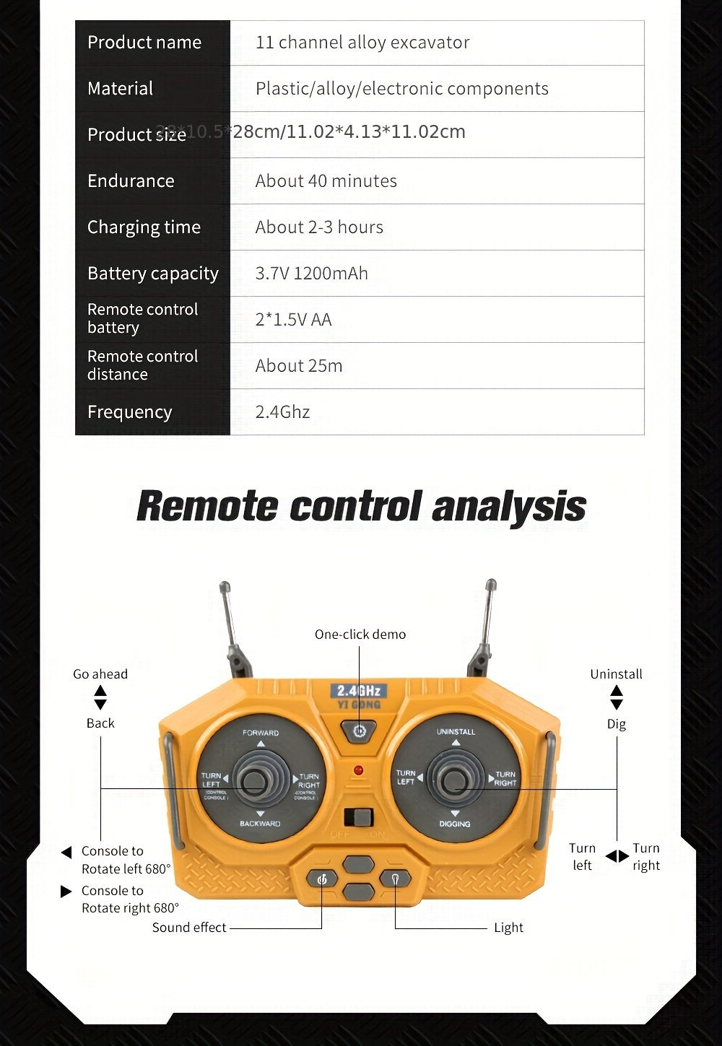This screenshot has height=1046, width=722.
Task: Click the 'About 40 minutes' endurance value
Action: click(326, 181)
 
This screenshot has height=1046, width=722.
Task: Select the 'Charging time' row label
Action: click(144, 227)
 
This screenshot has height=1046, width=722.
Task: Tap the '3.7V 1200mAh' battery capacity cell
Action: click(311, 274)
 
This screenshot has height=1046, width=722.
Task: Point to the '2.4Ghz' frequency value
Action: click(282, 412)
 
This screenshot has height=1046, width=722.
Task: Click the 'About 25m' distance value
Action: click(298, 366)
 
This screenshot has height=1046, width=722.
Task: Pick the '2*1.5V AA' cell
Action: click(293, 320)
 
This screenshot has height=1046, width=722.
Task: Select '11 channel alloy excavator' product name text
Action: click(362, 43)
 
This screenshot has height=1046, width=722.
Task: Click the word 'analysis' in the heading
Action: click(508, 506)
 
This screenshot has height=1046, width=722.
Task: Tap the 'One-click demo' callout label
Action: click(360, 635)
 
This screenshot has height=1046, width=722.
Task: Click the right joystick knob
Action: click(454, 780)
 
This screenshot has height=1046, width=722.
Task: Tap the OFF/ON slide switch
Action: click(358, 818)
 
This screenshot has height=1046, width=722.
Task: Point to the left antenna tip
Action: click(225, 587)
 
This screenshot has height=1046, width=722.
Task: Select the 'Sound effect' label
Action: click(188, 928)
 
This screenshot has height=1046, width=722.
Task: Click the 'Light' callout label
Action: click(508, 928)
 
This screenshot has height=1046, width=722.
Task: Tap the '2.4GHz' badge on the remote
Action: click(359, 691)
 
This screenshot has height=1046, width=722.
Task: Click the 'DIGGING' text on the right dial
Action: click(454, 824)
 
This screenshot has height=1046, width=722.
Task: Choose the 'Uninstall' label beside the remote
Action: click(616, 674)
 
